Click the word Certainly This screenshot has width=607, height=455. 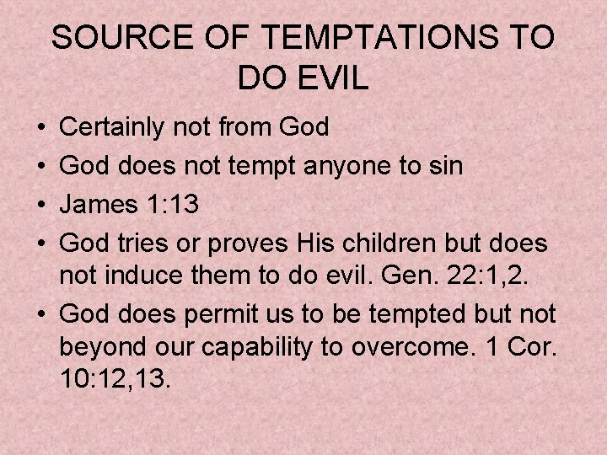tap(114, 127)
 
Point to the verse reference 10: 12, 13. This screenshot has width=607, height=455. tap(116, 378)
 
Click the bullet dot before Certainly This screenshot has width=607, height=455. tap(42, 128)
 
